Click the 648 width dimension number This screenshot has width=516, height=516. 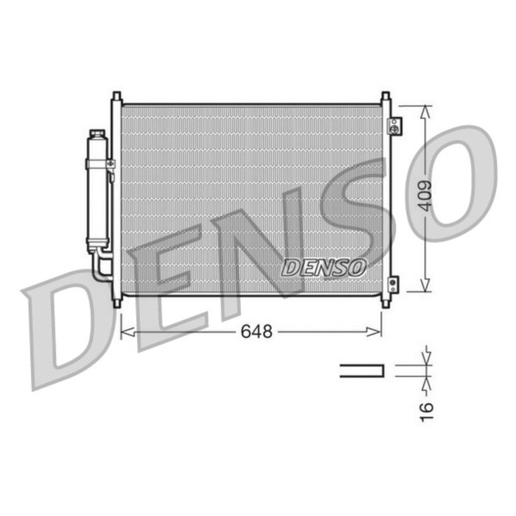click(x=256, y=332)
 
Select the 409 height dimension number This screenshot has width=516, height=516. click(x=423, y=197)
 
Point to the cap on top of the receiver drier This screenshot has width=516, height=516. click(x=97, y=134)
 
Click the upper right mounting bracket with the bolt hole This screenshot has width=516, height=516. click(x=394, y=125)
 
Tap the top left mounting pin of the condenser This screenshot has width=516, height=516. click(x=116, y=97)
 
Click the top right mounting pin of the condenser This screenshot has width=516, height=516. click(x=385, y=97)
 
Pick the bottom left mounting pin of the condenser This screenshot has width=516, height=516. click(x=116, y=301)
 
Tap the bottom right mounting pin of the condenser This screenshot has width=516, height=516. click(x=385, y=301)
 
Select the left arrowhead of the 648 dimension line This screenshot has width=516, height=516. click(x=125, y=333)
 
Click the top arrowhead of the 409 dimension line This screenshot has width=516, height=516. click(x=425, y=110)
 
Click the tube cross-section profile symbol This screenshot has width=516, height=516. click(x=362, y=371)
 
